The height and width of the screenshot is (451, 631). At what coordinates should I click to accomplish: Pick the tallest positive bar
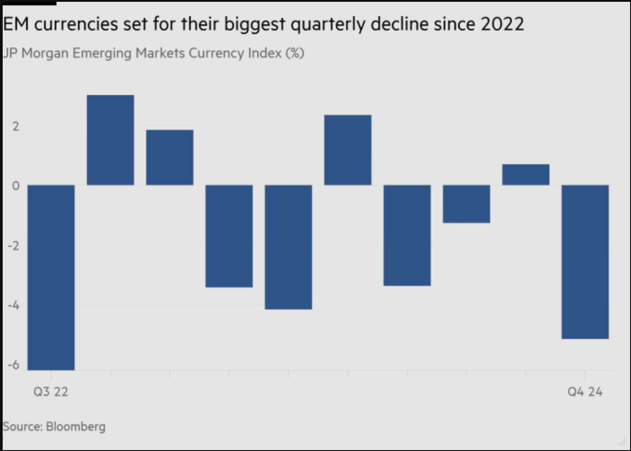(110, 140)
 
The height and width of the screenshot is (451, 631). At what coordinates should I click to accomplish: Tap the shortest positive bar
(526, 174)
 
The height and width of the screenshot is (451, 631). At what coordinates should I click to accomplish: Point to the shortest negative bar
(466, 204)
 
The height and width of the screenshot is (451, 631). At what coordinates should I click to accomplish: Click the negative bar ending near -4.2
(288, 247)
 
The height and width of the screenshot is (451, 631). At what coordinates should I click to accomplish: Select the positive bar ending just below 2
(169, 157)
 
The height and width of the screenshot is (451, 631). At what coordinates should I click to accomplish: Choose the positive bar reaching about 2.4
(348, 150)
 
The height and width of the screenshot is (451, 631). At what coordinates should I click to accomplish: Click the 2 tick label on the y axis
(16, 126)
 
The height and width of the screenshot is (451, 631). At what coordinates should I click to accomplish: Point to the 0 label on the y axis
(16, 186)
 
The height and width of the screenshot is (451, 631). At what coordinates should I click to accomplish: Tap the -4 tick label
(14, 306)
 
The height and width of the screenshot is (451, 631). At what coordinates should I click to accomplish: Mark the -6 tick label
(14, 365)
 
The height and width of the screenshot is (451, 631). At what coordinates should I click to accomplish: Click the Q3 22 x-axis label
(51, 392)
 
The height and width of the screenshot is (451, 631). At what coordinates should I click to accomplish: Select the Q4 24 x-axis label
(585, 392)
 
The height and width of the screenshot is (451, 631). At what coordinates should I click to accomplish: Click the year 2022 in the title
(502, 24)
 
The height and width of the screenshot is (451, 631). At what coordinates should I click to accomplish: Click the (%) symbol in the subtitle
(294, 53)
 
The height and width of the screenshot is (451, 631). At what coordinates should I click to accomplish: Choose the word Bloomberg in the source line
(76, 426)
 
